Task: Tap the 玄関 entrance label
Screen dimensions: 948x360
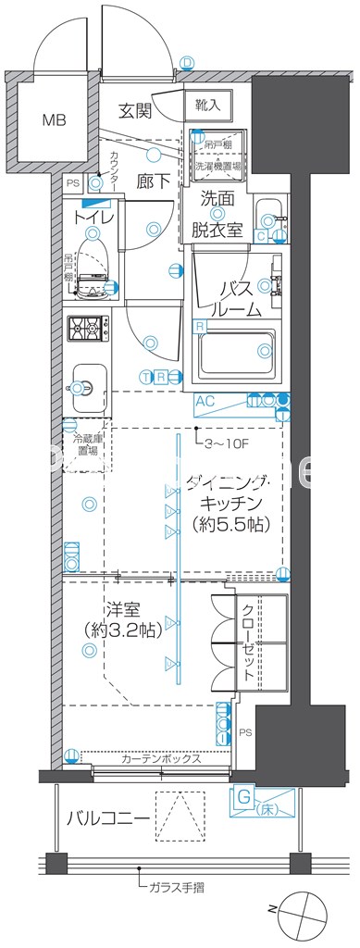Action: [135, 111]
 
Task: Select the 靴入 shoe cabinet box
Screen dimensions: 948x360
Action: [207, 106]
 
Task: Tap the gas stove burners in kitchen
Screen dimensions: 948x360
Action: [87, 330]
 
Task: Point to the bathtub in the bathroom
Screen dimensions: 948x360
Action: [238, 353]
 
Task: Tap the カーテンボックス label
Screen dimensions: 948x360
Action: [161, 758]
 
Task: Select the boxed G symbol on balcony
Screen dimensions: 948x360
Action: [243, 794]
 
